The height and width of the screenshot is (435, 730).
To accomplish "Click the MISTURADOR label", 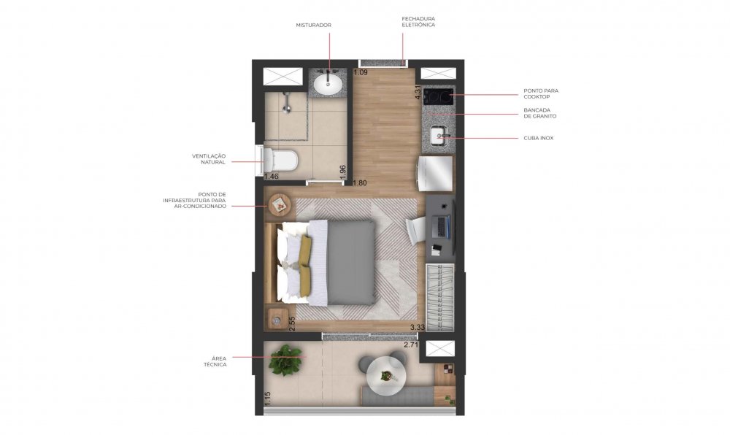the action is [313, 25].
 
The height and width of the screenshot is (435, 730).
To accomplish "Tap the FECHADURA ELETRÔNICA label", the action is [418, 22].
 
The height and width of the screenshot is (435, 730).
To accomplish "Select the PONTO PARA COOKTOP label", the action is [541, 94].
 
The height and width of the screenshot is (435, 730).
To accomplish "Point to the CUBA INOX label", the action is [539, 138].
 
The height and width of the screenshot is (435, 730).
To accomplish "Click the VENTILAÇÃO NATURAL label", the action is [209, 159].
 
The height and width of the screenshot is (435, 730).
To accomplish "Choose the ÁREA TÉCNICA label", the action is [215, 361].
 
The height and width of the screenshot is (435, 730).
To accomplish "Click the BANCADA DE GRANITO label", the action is [540, 114].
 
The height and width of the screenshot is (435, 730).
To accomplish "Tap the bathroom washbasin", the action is [328, 84].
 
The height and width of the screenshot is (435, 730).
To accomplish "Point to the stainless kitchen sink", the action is [439, 136].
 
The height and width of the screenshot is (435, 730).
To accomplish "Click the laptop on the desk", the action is [442, 226].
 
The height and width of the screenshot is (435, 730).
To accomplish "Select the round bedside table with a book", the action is [280, 204].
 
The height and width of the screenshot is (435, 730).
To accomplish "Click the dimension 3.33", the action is [418, 328].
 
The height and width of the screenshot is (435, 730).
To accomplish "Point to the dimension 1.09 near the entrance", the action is [361, 72].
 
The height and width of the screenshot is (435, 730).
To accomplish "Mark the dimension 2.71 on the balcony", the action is [412, 345].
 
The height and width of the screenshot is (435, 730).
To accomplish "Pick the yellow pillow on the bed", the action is [305, 265].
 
